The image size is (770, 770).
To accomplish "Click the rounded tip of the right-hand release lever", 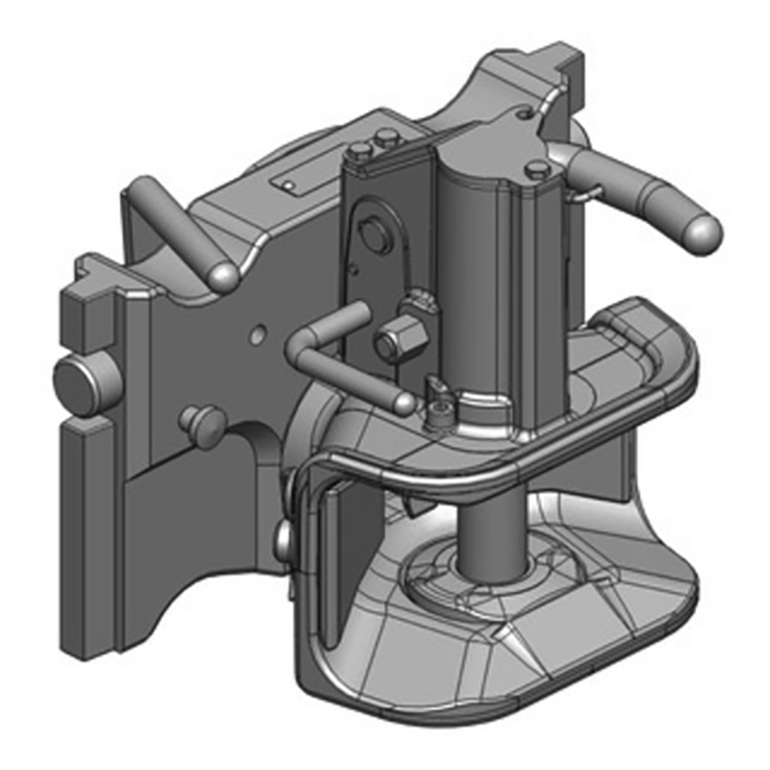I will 702,232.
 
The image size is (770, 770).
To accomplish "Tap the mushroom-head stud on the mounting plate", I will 203,421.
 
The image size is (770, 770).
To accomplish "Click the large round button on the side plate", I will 372,233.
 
